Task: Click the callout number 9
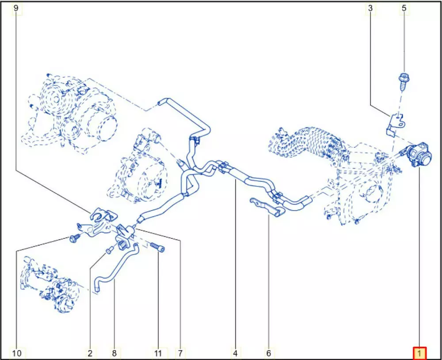point(16,8)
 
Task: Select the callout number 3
point(370,8)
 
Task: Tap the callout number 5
point(404,8)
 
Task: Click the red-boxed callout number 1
point(419,353)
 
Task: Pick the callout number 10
point(17,353)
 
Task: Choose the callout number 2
point(90,353)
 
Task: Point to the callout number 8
point(114,353)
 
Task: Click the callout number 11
point(158,353)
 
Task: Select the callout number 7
point(180,353)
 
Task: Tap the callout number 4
point(235,353)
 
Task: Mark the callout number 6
point(268,353)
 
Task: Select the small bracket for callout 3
point(394,125)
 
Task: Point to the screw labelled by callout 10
point(74,239)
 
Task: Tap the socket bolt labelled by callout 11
point(158,247)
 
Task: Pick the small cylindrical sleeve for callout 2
point(109,249)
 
